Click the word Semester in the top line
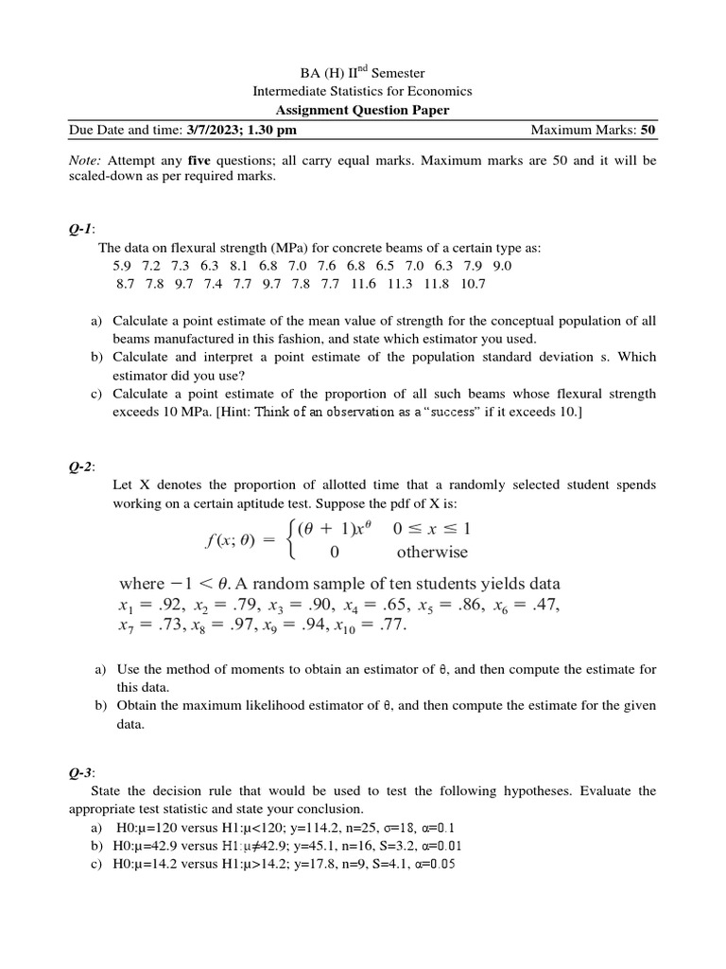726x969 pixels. point(400,73)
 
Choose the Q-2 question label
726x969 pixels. point(81,466)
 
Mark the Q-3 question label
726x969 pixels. point(81,772)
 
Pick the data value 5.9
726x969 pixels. point(123,266)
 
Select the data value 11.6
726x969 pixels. point(363,284)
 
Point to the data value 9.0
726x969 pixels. point(502,266)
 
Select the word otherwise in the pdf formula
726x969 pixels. point(432,553)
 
